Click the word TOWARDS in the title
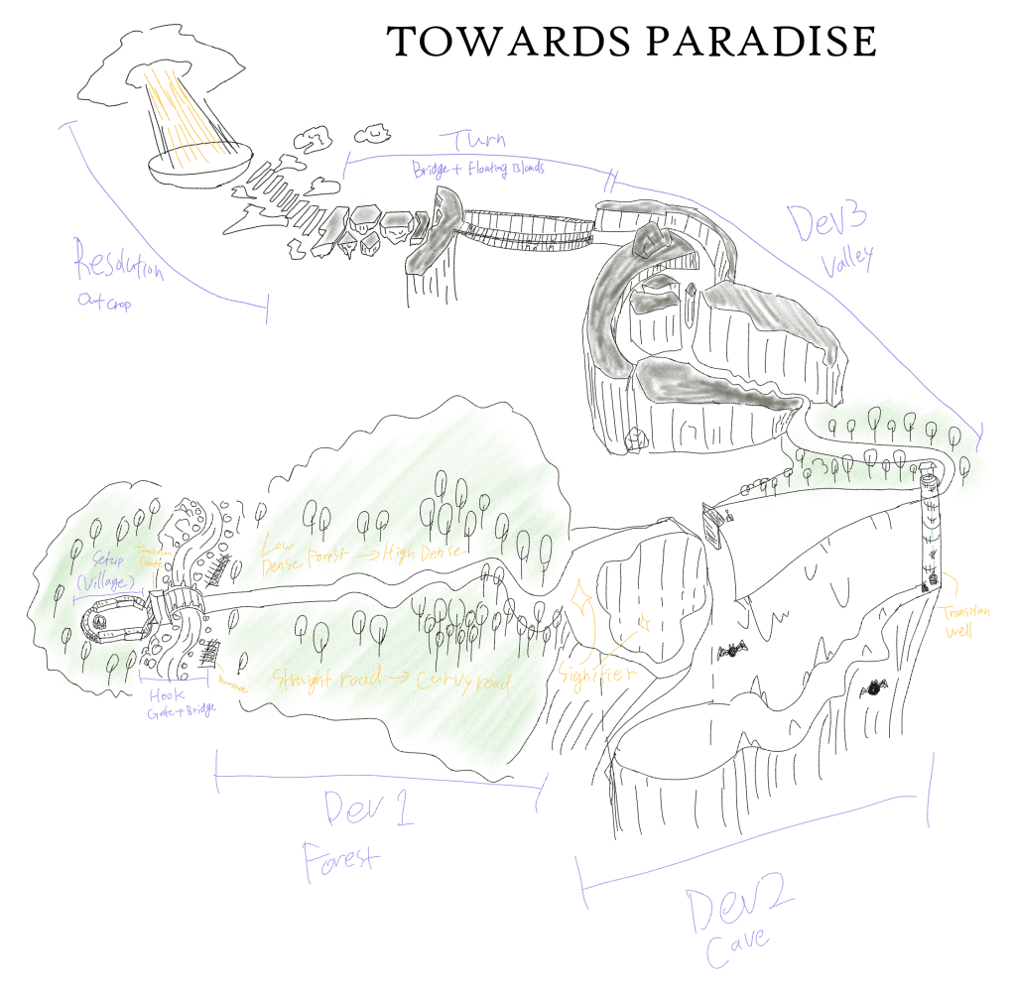coord(483,42)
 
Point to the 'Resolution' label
coord(118,266)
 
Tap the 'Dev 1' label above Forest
coord(368,810)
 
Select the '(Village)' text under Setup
coord(105,581)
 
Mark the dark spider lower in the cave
coord(876,685)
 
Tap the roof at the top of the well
coord(930,480)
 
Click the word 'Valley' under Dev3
coord(847,260)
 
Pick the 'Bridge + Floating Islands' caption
coord(478,170)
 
